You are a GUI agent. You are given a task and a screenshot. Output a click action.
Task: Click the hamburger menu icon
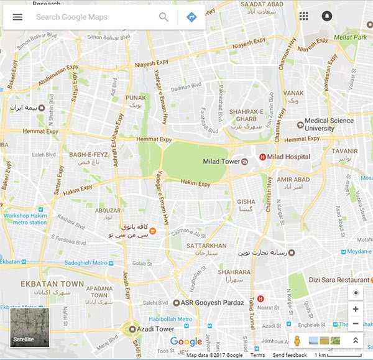point(17,17)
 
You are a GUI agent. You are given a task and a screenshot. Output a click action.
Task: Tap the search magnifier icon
point(163,17)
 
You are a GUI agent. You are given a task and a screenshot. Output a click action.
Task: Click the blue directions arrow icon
point(191,17)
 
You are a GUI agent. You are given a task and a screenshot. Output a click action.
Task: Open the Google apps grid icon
point(303,16)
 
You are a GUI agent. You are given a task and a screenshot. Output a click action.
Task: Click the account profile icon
point(327,16)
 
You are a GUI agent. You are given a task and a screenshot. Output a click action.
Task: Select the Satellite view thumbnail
point(29,327)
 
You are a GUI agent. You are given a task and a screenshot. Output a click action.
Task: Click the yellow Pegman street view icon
point(297,341)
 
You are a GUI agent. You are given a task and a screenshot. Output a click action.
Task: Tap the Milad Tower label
point(221,162)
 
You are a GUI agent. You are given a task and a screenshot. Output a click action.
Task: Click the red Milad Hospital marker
point(262,157)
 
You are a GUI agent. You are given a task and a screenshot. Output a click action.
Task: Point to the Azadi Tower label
point(155,329)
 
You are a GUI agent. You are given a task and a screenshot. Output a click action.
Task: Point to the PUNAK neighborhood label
point(136,98)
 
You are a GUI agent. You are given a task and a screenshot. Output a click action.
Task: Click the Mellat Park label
point(351,37)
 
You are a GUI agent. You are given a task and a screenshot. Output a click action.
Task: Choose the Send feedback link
point(289,355)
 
